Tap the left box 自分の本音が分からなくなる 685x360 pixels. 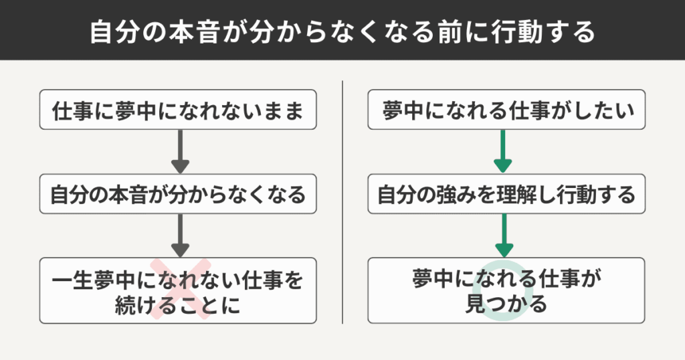(x=177, y=195)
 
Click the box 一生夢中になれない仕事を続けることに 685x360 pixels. (x=177, y=291)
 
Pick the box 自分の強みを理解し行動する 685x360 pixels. (x=507, y=195)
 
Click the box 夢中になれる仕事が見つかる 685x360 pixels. (x=507, y=291)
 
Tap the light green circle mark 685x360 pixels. (x=506, y=290)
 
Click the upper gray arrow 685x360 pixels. (x=180, y=153)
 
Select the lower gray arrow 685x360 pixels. (x=180, y=235)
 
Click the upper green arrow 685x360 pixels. (x=502, y=153)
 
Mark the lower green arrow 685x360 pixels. (x=502, y=235)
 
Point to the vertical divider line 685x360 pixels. (x=342, y=201)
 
